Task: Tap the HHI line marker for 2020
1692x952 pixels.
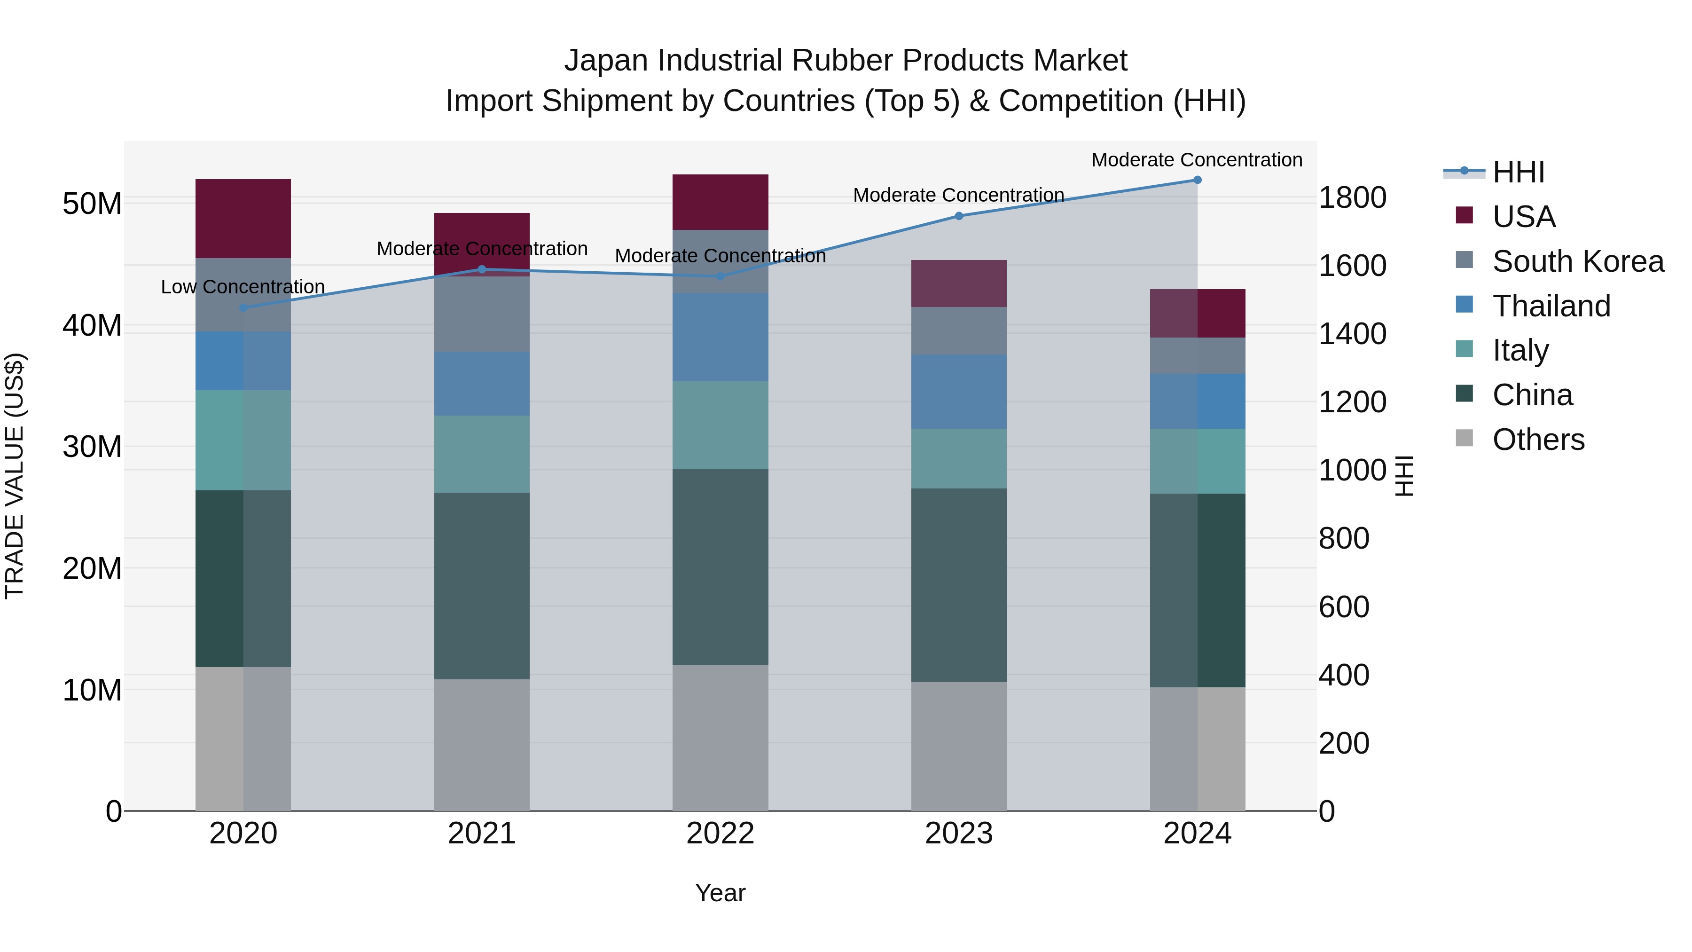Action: point(243,307)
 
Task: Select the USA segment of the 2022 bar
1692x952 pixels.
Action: point(720,202)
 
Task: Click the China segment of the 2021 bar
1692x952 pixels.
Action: point(481,585)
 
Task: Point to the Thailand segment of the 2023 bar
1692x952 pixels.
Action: point(958,392)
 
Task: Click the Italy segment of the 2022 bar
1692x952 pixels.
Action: point(720,425)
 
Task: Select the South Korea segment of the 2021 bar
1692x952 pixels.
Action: point(481,314)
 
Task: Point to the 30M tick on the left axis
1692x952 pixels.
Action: point(92,447)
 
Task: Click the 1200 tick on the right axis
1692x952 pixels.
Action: point(1352,401)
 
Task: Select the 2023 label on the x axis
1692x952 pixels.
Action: point(958,834)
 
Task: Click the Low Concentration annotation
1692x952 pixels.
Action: point(243,287)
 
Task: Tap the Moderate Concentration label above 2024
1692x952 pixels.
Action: point(1196,160)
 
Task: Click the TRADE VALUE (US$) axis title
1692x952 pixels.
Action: point(15,476)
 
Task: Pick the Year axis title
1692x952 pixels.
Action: point(720,893)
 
